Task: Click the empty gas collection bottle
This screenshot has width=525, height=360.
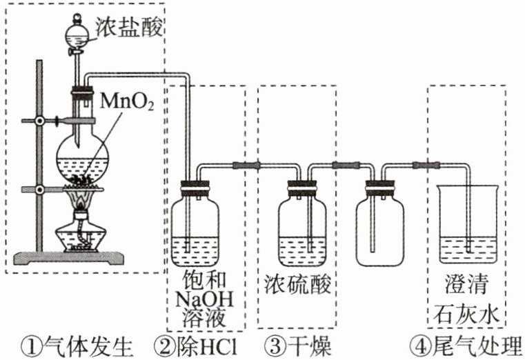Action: point(382,228)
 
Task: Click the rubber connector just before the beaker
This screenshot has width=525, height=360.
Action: point(422,166)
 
